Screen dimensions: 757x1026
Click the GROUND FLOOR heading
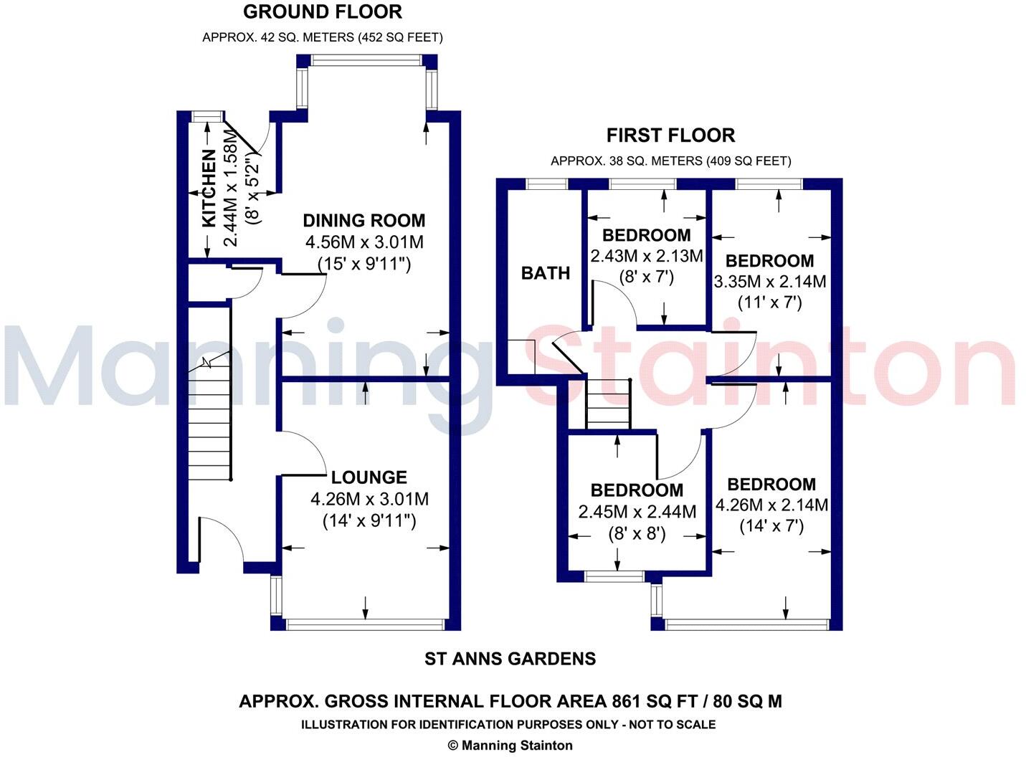[x=322, y=12]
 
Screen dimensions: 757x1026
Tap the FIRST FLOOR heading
[x=670, y=135]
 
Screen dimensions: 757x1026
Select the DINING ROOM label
[x=364, y=221]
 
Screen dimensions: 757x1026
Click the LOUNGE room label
[x=369, y=477]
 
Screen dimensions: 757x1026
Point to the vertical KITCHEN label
[x=209, y=188]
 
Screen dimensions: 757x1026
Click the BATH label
[x=546, y=273]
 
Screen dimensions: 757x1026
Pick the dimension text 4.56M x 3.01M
[x=364, y=242]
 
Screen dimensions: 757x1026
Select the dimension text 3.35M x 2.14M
[x=769, y=282]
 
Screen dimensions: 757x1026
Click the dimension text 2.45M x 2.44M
[x=637, y=512]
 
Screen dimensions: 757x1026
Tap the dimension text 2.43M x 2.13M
[x=646, y=256]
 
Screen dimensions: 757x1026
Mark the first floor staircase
[x=608, y=405]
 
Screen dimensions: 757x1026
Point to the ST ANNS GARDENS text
[x=510, y=658]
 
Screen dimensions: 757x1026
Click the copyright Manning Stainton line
[x=510, y=746]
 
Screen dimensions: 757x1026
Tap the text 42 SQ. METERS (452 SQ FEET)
[x=322, y=37]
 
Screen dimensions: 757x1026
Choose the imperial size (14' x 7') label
[x=771, y=526]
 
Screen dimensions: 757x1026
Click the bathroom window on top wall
[x=547, y=184]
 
